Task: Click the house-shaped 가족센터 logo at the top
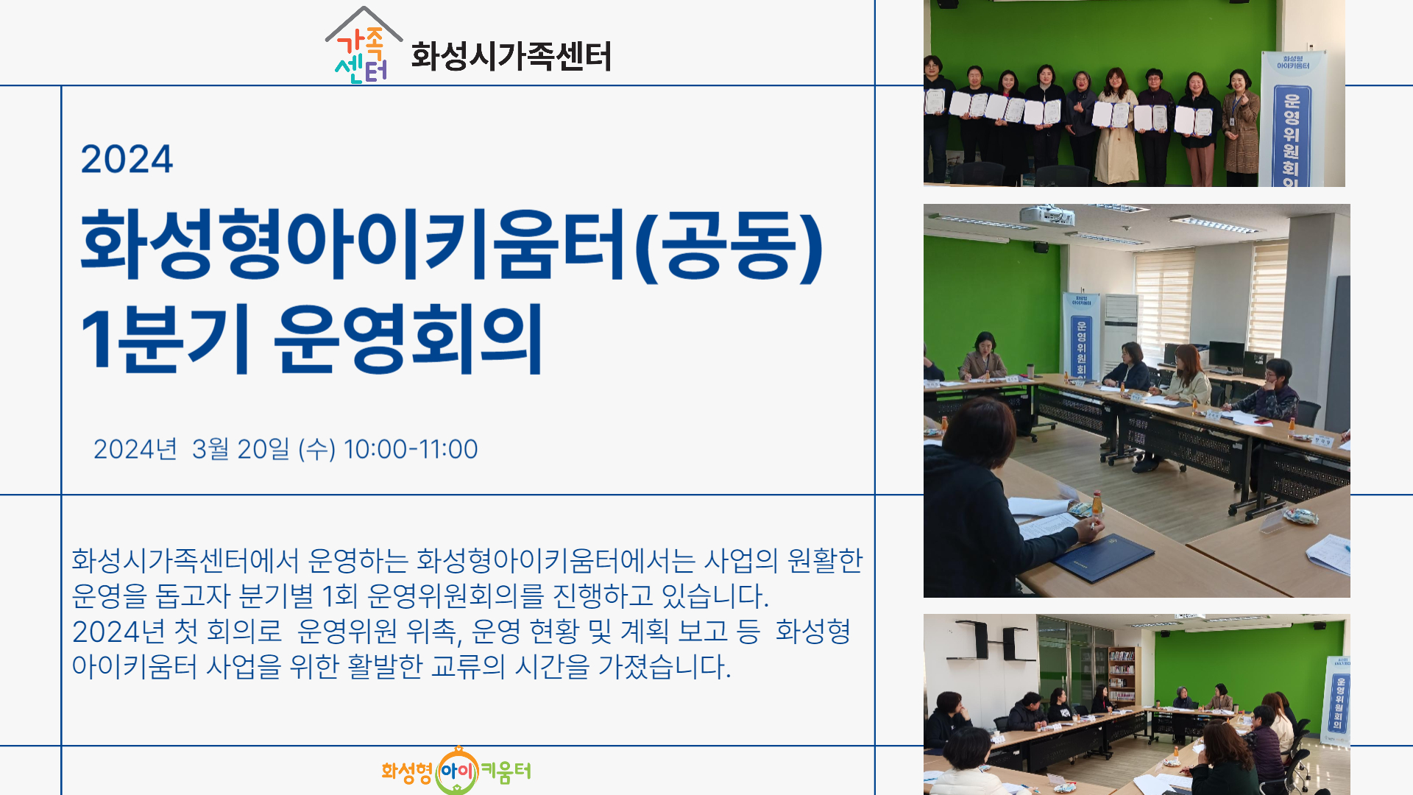pos(364,46)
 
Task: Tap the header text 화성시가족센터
pos(511,56)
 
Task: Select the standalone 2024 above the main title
pos(127,159)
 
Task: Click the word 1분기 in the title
pos(165,339)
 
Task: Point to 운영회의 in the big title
pos(409,339)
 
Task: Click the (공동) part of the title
pos(729,245)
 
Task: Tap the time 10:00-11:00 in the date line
pos(411,449)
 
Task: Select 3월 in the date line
pos(210,449)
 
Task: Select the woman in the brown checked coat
pos(1241,128)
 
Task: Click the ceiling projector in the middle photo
pos(1047,215)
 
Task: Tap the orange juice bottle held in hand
pos(1096,506)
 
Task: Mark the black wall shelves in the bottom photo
pos(994,640)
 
